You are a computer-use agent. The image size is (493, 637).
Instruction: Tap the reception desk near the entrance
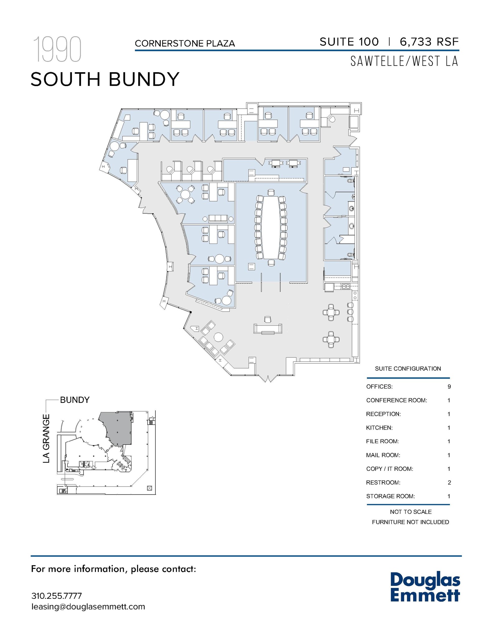(x=268, y=329)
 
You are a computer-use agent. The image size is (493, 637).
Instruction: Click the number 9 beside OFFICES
(x=449, y=387)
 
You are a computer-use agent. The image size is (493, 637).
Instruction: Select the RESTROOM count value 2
(x=449, y=482)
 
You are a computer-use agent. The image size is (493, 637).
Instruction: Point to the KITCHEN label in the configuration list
(x=379, y=428)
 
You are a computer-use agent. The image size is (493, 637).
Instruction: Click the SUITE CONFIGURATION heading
(x=408, y=369)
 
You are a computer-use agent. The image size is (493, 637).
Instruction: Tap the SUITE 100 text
(x=349, y=42)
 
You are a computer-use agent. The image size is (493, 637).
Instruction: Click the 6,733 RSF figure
(x=429, y=42)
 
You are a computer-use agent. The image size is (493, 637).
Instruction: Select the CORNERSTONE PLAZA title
(x=185, y=44)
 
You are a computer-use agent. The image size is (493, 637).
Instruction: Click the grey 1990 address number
(x=57, y=49)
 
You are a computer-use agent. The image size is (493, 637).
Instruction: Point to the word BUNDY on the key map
(x=75, y=400)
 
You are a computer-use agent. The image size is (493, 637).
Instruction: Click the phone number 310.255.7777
(x=56, y=596)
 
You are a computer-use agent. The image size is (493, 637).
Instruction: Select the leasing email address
(x=88, y=607)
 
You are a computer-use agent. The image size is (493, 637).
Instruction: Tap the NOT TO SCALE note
(x=410, y=512)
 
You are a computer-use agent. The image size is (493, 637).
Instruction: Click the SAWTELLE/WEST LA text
(x=404, y=61)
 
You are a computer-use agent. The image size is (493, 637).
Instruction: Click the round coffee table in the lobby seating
(x=218, y=337)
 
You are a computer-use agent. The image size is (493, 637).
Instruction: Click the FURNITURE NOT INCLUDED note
(x=410, y=522)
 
